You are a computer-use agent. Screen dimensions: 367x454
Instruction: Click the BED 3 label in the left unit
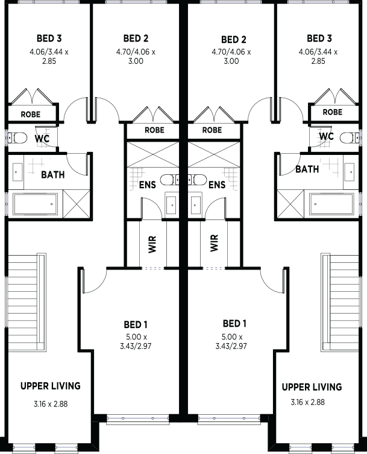pyautogui.click(x=49, y=38)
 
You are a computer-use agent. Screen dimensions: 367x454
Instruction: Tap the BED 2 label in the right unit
pyautogui.click(x=234, y=39)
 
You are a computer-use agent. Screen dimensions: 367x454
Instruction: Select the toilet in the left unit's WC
pyautogui.click(x=18, y=138)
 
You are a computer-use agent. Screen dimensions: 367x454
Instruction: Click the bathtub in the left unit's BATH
pyautogui.click(x=36, y=204)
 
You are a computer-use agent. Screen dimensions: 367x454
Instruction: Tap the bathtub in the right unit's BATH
pyautogui.click(x=331, y=204)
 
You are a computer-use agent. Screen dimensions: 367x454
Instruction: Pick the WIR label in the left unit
pyautogui.click(x=152, y=244)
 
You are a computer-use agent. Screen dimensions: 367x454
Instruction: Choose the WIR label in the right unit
pyautogui.click(x=214, y=243)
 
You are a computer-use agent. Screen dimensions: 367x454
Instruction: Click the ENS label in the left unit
pyautogui.click(x=147, y=184)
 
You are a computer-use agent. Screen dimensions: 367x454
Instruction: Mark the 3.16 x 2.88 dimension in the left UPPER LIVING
pyautogui.click(x=51, y=404)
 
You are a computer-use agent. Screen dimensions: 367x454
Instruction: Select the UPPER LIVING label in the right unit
pyautogui.click(x=312, y=387)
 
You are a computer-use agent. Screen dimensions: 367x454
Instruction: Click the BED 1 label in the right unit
pyautogui.click(x=234, y=323)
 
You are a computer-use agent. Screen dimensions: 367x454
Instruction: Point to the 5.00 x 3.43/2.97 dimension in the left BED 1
pyautogui.click(x=136, y=341)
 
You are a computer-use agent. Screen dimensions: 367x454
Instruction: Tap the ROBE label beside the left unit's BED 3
pyautogui.click(x=31, y=115)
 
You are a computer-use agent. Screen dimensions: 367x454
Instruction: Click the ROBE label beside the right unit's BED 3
pyautogui.click(x=333, y=112)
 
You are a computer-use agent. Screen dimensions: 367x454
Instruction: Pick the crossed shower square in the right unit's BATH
pyautogui.click(x=290, y=204)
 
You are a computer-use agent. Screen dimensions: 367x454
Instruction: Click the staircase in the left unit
pyautogui.click(x=27, y=303)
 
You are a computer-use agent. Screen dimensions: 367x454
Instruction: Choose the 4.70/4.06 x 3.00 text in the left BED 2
pyautogui.click(x=136, y=57)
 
